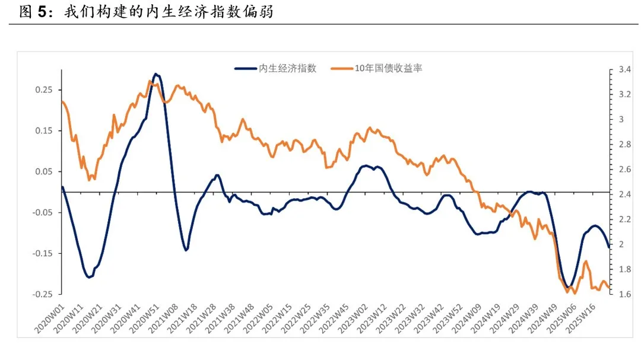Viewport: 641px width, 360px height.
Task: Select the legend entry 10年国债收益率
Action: [x=388, y=68]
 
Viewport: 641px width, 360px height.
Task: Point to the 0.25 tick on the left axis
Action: [x=45, y=90]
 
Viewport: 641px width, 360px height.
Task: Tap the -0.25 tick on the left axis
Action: [x=43, y=294]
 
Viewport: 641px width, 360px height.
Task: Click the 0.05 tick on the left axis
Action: [x=45, y=171]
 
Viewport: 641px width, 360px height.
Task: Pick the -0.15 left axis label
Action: [x=43, y=253]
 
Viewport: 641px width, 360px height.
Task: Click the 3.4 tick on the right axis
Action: [x=624, y=70]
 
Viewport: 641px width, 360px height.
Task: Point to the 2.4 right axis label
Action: [x=624, y=195]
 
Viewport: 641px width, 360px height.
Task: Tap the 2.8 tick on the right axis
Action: [x=624, y=145]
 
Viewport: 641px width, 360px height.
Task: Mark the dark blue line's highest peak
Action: [x=156, y=74]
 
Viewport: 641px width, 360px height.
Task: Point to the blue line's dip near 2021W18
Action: [x=186, y=250]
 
